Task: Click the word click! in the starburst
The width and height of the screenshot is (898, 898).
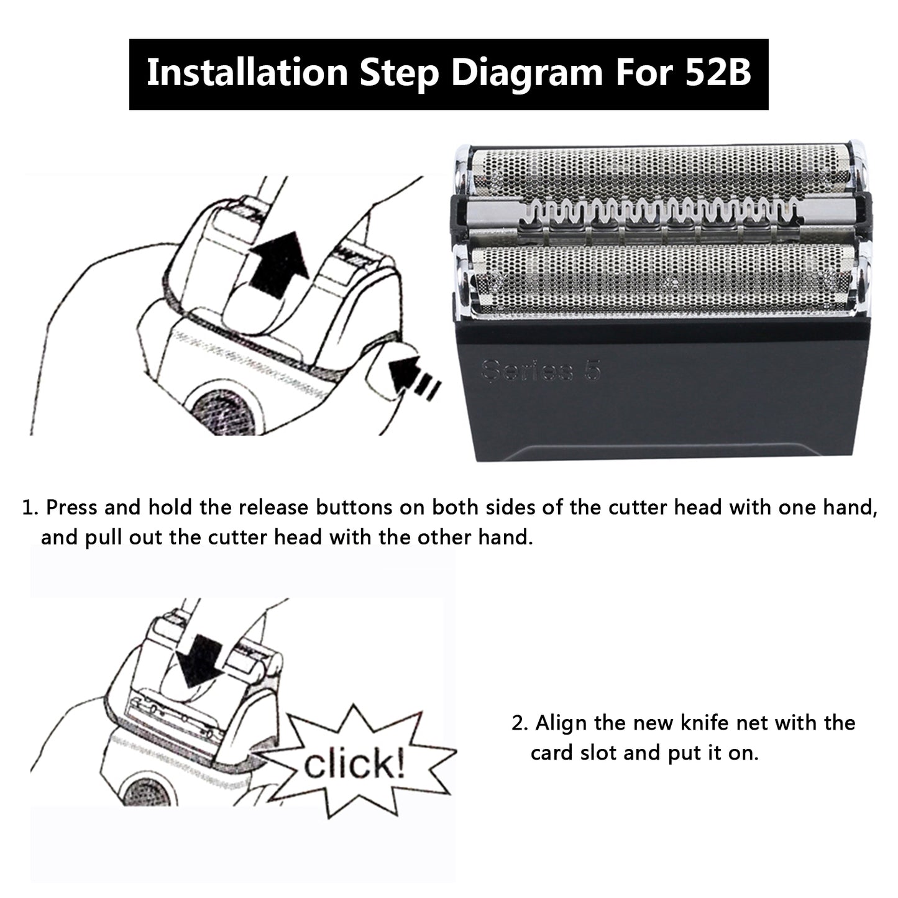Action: click(x=355, y=763)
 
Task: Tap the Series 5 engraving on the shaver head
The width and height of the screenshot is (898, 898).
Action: click(x=541, y=370)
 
